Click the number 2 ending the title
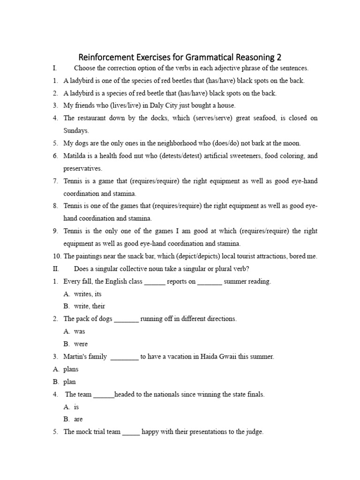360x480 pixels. coord(279,57)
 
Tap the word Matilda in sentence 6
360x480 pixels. coord(75,156)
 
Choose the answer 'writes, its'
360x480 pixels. coord(88,294)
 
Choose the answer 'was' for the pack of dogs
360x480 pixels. coord(79,331)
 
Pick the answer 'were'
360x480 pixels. coord(81,344)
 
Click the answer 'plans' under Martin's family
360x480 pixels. coord(71,369)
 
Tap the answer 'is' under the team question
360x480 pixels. coord(76,407)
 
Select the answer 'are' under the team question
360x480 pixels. coord(78,419)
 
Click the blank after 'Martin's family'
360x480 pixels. coord(125,357)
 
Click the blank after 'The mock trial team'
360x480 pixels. coord(131,432)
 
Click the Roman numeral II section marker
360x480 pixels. coord(56,269)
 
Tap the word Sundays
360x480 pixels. coord(76,131)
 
